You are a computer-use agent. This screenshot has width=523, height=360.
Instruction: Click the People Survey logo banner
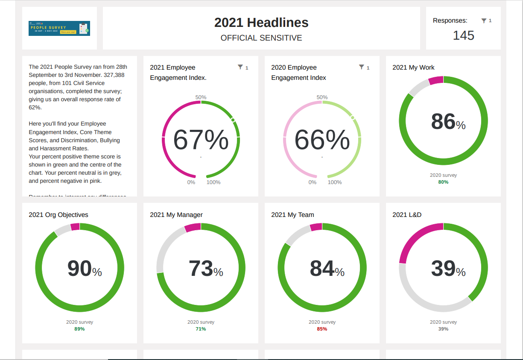[x=59, y=28]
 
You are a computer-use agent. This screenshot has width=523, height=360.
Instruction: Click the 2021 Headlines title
[x=261, y=23]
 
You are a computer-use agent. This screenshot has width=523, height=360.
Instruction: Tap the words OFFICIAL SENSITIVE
[x=261, y=38]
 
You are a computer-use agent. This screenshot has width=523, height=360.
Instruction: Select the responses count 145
[x=463, y=35]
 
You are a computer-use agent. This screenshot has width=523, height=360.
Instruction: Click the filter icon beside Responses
[x=484, y=20]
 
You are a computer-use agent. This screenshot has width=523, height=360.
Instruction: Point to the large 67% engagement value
[x=201, y=140]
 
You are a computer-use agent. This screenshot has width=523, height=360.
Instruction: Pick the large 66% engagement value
[x=322, y=140]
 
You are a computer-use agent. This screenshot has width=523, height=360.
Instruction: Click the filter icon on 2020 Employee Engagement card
[x=362, y=67]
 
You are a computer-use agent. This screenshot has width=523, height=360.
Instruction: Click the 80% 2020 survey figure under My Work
[x=443, y=182]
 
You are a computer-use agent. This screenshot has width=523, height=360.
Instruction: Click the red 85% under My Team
[x=322, y=329]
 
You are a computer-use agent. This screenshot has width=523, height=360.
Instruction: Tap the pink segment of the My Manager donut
[x=193, y=227]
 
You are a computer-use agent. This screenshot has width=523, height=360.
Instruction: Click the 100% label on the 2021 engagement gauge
[x=213, y=182]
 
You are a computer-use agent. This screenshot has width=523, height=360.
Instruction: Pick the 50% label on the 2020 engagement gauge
[x=322, y=97]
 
